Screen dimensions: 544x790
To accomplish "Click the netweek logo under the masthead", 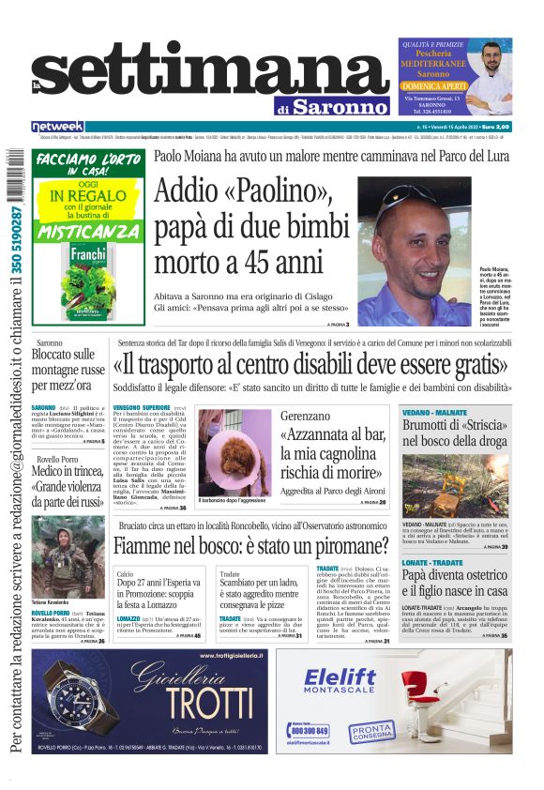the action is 57,126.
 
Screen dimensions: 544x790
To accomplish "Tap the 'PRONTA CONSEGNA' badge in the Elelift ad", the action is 372,731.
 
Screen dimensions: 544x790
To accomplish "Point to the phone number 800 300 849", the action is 310,730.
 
